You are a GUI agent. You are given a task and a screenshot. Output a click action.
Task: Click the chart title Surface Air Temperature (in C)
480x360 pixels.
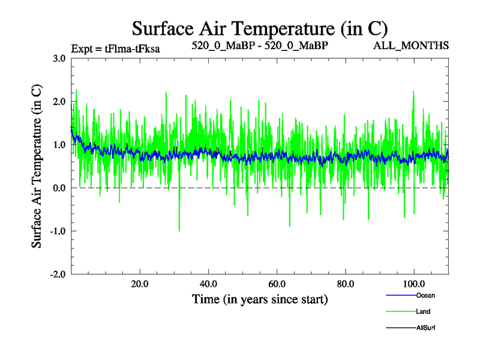pyautogui.click(x=259, y=28)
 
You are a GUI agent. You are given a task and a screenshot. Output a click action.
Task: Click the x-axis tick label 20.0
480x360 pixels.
pyautogui.click(x=140, y=284)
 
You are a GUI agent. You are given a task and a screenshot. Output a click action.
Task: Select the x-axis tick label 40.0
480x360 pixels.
pyautogui.click(x=208, y=284)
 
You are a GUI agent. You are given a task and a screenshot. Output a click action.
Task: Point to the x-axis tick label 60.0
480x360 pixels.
pyautogui.click(x=277, y=284)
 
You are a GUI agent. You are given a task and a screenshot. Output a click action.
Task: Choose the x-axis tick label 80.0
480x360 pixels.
pyautogui.click(x=346, y=284)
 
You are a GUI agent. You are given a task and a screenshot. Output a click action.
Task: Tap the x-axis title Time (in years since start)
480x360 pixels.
pyautogui.click(x=259, y=299)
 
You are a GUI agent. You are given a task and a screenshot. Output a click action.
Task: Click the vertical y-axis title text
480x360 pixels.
pyautogui.click(x=37, y=166)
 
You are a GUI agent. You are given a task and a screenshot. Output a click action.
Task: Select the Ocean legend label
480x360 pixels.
pyautogui.click(x=425, y=295)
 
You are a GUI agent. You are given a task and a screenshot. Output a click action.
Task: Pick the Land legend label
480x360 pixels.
pyautogui.click(x=423, y=311)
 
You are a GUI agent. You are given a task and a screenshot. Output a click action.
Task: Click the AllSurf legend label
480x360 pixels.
pyautogui.click(x=425, y=328)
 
